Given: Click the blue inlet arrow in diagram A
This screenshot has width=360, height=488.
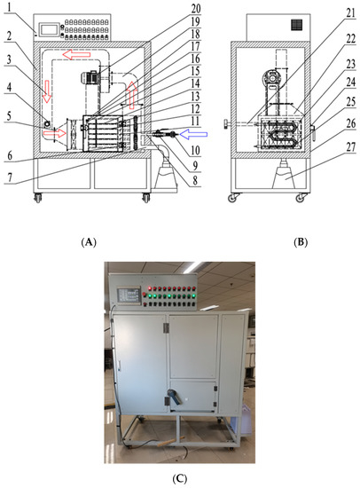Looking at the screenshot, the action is pyautogui.click(x=193, y=135).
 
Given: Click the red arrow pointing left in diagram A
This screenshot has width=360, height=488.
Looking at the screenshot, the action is pyautogui.click(x=76, y=55).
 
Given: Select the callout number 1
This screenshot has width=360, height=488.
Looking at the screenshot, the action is pyautogui.click(x=11, y=8).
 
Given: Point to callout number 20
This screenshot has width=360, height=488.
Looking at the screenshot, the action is pyautogui.click(x=196, y=8).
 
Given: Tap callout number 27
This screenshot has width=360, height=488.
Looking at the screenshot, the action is pyautogui.click(x=351, y=146).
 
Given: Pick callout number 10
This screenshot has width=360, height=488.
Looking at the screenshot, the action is pyautogui.click(x=195, y=151).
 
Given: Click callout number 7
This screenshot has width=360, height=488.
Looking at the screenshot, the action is pyautogui.click(x=11, y=177).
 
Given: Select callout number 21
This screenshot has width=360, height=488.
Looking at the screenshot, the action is pyautogui.click(x=351, y=13).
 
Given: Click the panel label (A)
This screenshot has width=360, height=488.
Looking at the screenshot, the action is pyautogui.click(x=89, y=242).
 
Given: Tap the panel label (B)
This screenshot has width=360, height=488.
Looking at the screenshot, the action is pyautogui.click(x=301, y=242).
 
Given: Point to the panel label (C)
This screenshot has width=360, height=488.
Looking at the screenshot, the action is pyautogui.click(x=180, y=478).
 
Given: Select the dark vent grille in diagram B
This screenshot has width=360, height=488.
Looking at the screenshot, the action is pyautogui.click(x=296, y=25).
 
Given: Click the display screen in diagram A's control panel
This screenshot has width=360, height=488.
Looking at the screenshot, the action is pyautogui.click(x=49, y=29).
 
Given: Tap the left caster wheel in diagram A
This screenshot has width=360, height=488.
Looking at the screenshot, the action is pyautogui.click(x=38, y=198).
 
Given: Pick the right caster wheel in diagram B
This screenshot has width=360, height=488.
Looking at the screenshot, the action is pyautogui.click(x=300, y=198).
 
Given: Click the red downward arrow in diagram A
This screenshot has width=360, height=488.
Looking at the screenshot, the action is pyautogui.click(x=47, y=91).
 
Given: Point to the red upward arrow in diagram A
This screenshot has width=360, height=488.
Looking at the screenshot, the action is pyautogui.click(x=132, y=95).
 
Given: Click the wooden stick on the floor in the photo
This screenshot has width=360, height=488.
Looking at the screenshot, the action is pyautogui.click(x=170, y=442).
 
